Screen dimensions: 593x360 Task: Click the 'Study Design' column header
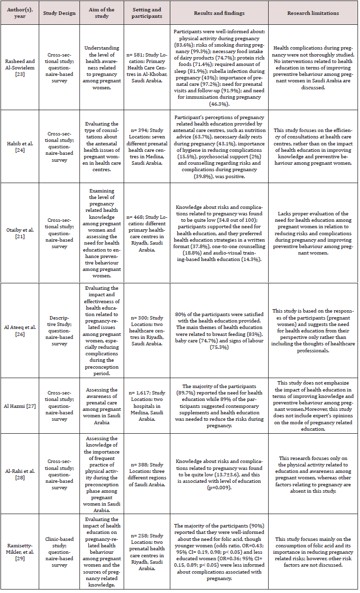[x=60, y=13]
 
